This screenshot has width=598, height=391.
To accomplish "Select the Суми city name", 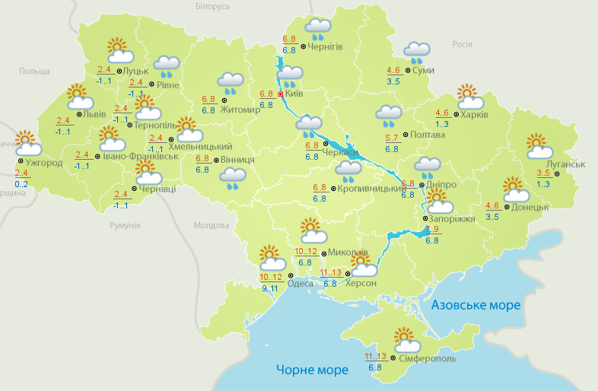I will pyautogui.click(x=424, y=70).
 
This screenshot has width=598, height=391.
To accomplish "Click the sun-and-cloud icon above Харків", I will pyautogui.click(x=470, y=98).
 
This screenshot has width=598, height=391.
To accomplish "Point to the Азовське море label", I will pyautogui.click(x=476, y=305).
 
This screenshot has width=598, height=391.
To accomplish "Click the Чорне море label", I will pyautogui.click(x=312, y=370).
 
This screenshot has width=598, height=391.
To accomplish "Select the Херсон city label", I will pyautogui.click(x=361, y=283).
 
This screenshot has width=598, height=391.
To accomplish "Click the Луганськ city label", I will pyautogui.click(x=565, y=164).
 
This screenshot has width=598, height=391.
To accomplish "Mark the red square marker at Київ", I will pyautogui.click(x=280, y=94).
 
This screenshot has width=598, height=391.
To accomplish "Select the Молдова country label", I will pyautogui.click(x=211, y=225).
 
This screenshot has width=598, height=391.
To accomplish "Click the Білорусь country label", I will pyautogui.click(x=212, y=6).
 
